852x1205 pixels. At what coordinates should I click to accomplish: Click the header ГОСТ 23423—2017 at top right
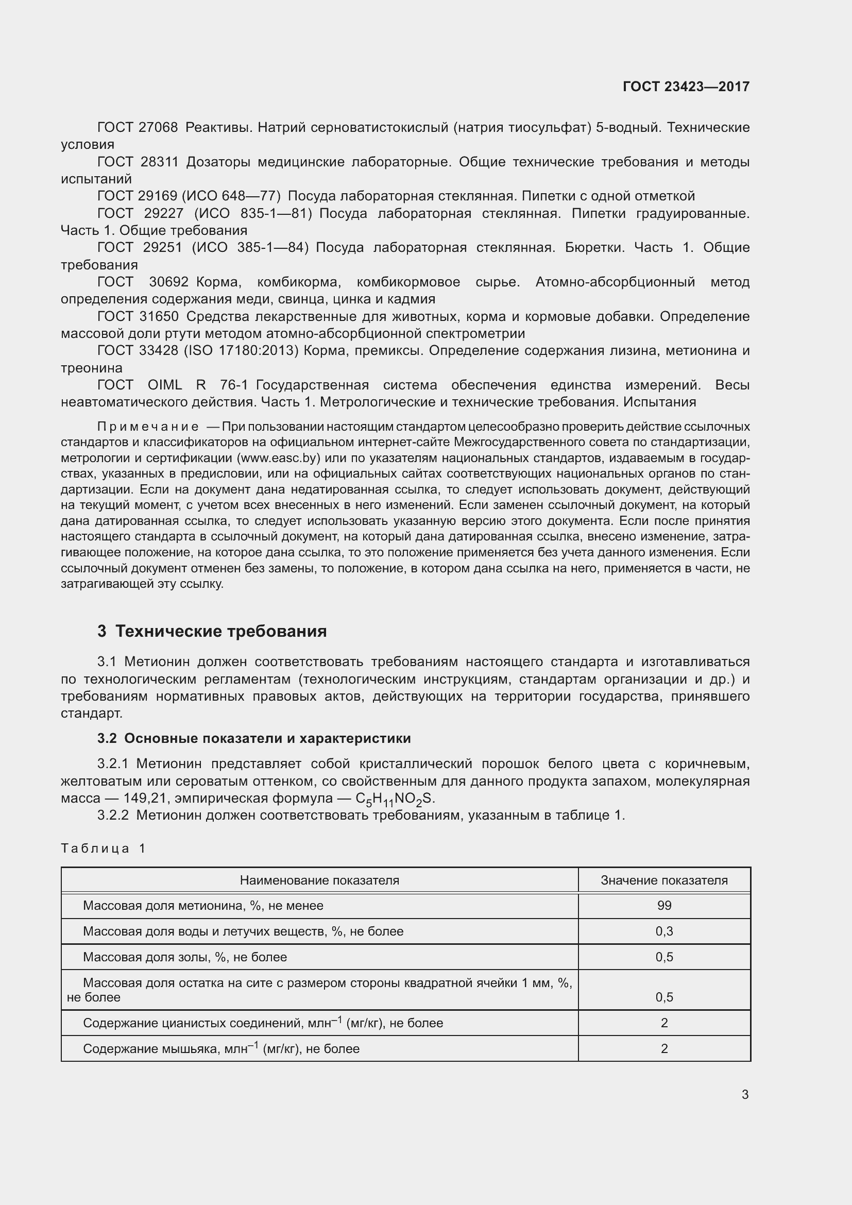pos(686,87)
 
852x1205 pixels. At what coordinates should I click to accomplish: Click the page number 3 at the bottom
pos(745,1094)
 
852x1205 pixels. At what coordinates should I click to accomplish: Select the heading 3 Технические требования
pos(212,631)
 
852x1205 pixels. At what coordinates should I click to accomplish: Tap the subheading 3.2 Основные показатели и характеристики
pos(254,738)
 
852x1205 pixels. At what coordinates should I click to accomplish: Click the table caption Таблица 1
pos(103,848)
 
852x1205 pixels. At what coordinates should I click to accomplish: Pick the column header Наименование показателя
pos(319,880)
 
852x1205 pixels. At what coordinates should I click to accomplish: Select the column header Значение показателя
pos(663,880)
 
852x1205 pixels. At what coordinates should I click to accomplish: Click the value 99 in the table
pos(663,905)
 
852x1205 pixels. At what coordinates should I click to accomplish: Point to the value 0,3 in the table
pos(663,931)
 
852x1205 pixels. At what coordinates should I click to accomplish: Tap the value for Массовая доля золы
pos(663,957)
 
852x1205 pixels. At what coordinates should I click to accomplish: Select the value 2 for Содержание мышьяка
pos(664,1048)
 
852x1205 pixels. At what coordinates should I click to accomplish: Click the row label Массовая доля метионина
pos(203,905)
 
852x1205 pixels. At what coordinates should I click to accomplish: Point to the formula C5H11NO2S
pos(395,799)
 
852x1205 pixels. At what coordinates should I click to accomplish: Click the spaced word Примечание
pos(148,426)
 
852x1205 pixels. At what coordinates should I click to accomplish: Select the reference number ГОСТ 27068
pos(138,128)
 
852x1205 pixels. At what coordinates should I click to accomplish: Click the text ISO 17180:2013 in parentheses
pos(241,351)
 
